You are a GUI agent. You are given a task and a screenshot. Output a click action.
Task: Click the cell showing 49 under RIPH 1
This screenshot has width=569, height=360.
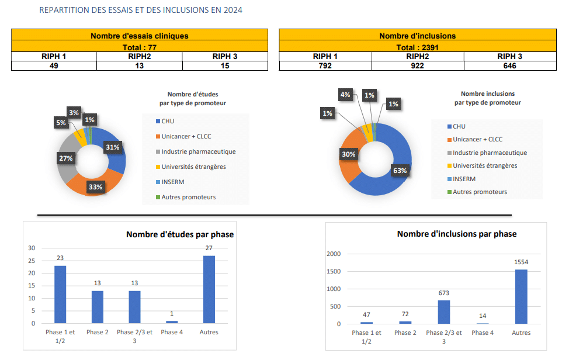(x=54, y=66)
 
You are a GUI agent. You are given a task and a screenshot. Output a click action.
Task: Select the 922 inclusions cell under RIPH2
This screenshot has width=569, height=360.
(x=418, y=66)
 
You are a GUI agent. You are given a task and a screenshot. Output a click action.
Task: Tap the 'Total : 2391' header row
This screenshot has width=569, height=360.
(x=418, y=47)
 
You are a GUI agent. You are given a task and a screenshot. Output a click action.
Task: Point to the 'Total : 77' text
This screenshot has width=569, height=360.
(x=139, y=47)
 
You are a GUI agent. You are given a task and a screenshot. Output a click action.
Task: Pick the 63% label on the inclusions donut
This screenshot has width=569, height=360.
(x=400, y=171)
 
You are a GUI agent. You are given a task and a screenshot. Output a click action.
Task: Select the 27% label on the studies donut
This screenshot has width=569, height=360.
(x=65, y=158)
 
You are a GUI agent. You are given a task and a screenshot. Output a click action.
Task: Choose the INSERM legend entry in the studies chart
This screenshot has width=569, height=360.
(x=173, y=182)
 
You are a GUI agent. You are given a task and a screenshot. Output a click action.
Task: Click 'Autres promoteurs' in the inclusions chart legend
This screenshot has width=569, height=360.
(x=480, y=192)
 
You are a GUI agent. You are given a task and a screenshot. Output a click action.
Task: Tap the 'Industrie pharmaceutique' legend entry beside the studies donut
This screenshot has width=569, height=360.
(x=198, y=151)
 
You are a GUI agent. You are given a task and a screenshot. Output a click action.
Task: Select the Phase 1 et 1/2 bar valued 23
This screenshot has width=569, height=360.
(x=60, y=295)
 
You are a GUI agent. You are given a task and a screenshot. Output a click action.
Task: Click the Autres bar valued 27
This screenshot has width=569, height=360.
(x=209, y=289)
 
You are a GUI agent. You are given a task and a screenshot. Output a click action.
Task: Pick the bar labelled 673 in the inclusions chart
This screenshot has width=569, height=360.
(x=444, y=311)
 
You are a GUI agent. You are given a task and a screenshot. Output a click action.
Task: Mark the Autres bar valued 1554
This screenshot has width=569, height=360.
(x=522, y=296)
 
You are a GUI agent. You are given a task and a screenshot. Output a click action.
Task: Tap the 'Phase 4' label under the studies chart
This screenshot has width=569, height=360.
(x=172, y=333)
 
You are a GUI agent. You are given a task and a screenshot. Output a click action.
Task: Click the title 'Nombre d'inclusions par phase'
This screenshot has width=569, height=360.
(x=456, y=234)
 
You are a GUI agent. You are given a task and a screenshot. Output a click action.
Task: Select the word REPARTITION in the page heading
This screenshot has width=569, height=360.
(x=63, y=10)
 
